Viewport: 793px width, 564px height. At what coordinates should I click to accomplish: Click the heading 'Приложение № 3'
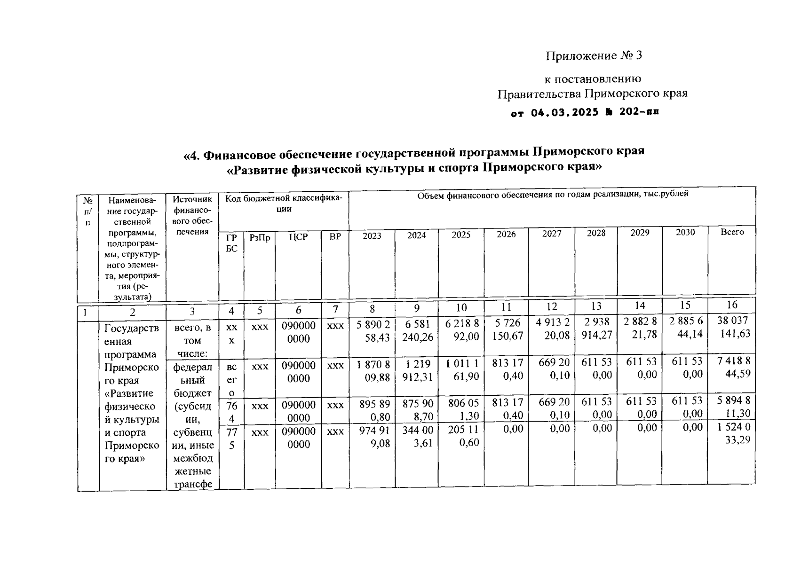(594, 56)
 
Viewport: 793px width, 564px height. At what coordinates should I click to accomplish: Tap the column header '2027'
(551, 234)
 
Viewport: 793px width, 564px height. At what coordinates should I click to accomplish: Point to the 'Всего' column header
(732, 232)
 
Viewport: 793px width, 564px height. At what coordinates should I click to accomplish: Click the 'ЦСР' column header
(298, 237)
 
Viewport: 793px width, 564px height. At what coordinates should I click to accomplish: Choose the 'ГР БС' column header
(231, 243)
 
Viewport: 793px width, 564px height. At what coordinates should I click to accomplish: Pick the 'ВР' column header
(335, 237)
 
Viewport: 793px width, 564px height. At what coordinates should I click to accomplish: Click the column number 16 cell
(731, 305)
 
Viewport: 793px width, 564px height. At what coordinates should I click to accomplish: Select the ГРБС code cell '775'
(231, 438)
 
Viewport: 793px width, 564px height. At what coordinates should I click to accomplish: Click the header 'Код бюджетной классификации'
(284, 204)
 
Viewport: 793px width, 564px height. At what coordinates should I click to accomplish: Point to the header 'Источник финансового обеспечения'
(192, 215)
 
